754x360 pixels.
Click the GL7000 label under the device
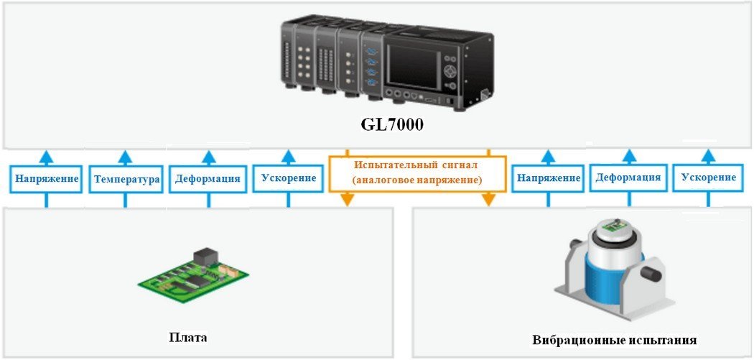click(x=392, y=124)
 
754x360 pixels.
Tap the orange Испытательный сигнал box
click(x=416, y=173)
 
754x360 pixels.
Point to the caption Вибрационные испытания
click(x=615, y=340)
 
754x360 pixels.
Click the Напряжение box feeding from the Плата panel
click(x=45, y=178)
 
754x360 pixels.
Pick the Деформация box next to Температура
click(x=208, y=179)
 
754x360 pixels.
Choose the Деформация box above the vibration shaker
click(x=628, y=177)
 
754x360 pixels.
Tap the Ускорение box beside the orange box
click(x=289, y=177)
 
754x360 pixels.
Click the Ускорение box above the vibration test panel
click(x=709, y=177)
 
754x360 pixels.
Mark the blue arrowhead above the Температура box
click(x=126, y=155)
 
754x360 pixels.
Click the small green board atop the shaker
click(x=611, y=228)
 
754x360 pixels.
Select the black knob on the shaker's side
click(x=650, y=274)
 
